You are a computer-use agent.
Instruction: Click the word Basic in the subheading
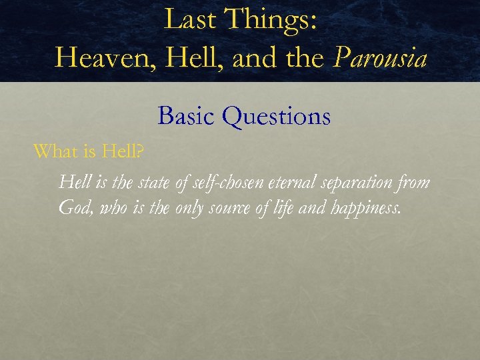tap(187, 117)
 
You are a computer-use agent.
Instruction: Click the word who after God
tap(109, 208)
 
